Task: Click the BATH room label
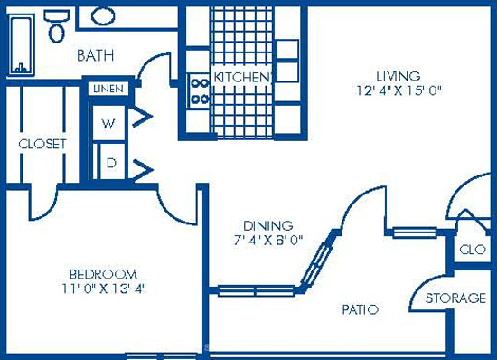96,55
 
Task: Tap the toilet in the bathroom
57,25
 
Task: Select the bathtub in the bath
21,44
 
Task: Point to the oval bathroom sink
103,16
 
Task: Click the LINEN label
108,89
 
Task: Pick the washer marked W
108,123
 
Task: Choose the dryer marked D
111,163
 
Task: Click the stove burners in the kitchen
200,91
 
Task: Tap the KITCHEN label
243,77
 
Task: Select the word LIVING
399,76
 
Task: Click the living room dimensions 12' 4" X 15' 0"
399,91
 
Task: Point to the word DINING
267,225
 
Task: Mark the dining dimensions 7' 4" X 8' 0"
268,240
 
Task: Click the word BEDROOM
103,274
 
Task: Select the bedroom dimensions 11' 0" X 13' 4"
104,289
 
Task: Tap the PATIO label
361,309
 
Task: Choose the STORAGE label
455,298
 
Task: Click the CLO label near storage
473,250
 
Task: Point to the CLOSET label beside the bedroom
42,144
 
